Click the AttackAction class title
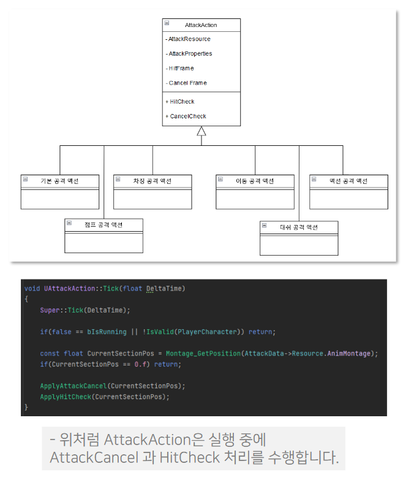tap(201, 25)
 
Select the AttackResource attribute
tap(189, 39)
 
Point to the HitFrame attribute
tap(181, 69)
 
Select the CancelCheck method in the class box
tap(188, 116)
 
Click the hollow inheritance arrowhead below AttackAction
tap(201, 131)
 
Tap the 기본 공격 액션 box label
tap(59, 181)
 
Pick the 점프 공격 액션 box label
tap(104, 225)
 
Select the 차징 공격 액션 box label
tap(153, 181)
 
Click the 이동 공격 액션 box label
tap(255, 181)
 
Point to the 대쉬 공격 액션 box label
tap(299, 227)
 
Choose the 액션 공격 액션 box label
tap(348, 181)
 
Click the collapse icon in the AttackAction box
tap(167, 23)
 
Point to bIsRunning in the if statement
tap(107, 332)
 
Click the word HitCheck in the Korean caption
tap(186, 457)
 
